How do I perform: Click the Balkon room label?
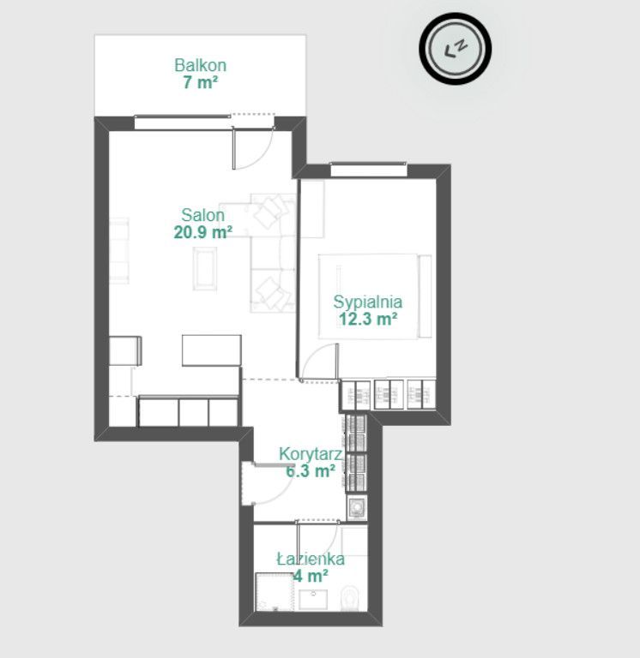tap(201, 65)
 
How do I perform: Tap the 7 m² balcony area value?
tap(201, 82)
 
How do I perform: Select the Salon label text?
tap(203, 215)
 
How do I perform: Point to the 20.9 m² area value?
tap(203, 231)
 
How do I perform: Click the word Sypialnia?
tap(368, 302)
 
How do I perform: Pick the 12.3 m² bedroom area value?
tap(368, 320)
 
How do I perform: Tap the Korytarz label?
tap(310, 454)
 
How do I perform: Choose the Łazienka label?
tap(311, 559)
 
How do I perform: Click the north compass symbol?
tap(455, 48)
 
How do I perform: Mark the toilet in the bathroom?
tap(350, 597)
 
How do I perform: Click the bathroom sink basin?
tap(313, 600)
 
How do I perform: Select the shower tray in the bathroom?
tap(275, 593)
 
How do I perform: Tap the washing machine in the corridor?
tap(357, 507)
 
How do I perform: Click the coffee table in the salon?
tap(205, 268)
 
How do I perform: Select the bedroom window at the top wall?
tap(369, 169)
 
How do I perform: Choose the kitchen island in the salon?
tap(212, 350)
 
